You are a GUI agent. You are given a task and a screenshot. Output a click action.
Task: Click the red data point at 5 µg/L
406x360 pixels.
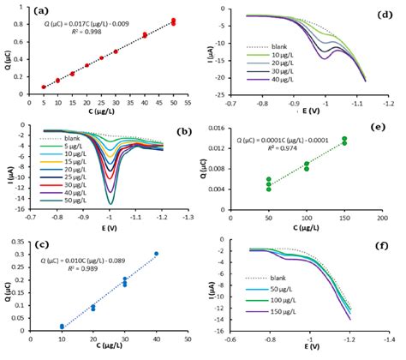click(x=44, y=87)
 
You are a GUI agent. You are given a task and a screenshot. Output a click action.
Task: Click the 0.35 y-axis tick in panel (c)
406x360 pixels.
click(x=19, y=243)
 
